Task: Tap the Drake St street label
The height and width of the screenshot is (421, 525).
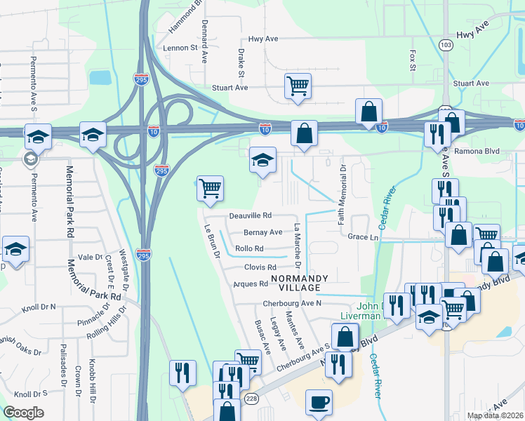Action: point(241,62)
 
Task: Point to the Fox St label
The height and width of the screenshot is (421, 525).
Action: point(413,60)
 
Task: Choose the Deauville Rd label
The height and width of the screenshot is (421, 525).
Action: point(251,216)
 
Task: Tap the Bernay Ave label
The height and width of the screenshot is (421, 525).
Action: point(263,232)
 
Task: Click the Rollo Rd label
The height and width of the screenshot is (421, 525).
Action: point(249,248)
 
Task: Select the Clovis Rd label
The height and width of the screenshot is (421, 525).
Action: point(260,267)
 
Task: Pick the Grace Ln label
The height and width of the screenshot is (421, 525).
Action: point(363,237)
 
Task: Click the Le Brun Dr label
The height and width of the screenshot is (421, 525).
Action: point(213,242)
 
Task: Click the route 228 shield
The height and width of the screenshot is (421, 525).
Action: point(251,399)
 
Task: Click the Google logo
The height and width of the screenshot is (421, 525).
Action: point(23,413)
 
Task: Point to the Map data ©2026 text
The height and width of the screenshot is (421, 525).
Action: point(495,415)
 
